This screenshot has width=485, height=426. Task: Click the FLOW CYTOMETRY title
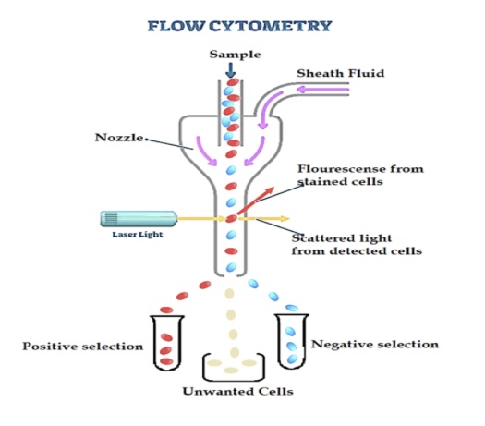click(x=239, y=26)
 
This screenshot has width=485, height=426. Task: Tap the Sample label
click(x=235, y=55)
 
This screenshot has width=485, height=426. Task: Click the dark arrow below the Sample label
click(x=230, y=70)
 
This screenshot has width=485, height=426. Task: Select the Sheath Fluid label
click(x=341, y=73)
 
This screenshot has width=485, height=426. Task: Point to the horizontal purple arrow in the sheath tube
click(x=322, y=90)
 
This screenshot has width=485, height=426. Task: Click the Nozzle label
click(x=119, y=138)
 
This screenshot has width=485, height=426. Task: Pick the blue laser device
click(x=139, y=219)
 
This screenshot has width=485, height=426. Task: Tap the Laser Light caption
click(x=138, y=235)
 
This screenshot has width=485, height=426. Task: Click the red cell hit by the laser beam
click(x=231, y=219)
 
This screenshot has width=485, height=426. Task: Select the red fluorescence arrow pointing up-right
click(x=256, y=201)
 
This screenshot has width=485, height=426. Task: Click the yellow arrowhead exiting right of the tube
click(x=285, y=219)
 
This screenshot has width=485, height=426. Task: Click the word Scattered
click(x=320, y=238)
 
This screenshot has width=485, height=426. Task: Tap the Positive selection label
click(x=83, y=347)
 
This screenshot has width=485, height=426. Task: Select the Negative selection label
click(x=375, y=345)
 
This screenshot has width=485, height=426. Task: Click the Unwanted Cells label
click(x=237, y=392)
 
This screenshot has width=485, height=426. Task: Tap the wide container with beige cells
click(x=234, y=377)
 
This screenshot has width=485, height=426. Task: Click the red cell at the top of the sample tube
click(x=233, y=82)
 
